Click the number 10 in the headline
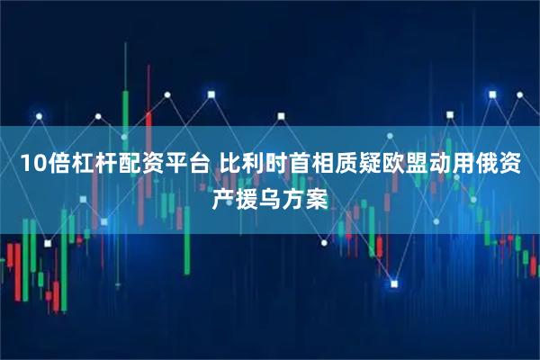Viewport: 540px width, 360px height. tap(31, 165)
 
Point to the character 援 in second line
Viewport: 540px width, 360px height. tap(247, 195)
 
